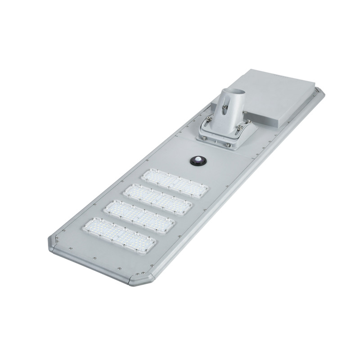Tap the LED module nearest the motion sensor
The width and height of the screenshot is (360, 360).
pyautogui.click(x=174, y=184)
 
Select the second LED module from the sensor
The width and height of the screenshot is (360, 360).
pyautogui.click(x=157, y=199)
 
